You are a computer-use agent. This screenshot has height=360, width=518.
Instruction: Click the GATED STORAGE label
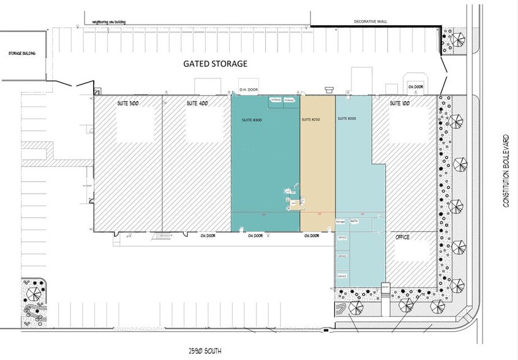click(x=216, y=63)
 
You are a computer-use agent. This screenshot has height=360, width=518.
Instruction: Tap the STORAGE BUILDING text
click(x=21, y=54)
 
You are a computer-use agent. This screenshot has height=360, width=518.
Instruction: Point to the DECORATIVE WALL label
click(x=371, y=21)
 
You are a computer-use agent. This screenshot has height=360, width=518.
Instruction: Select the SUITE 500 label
click(x=129, y=104)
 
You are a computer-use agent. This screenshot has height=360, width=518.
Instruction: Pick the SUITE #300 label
click(x=252, y=120)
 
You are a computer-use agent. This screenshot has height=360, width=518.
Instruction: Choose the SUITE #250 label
click(x=312, y=120)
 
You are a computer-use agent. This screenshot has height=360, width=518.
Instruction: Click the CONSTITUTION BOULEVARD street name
click(x=506, y=170)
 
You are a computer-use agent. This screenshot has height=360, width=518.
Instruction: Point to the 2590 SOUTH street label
click(x=205, y=351)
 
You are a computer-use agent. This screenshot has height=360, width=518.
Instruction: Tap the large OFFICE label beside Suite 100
click(x=403, y=237)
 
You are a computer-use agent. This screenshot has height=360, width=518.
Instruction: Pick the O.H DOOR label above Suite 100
click(x=415, y=87)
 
